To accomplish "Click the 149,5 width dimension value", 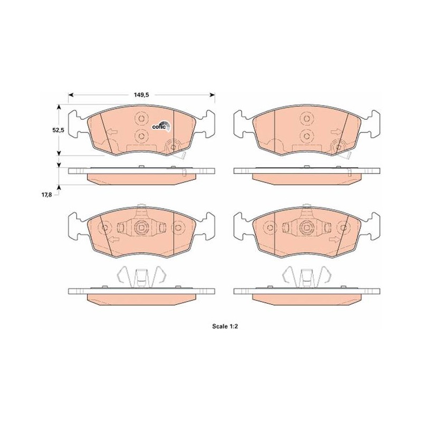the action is (x=141, y=95).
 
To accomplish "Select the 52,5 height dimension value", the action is (x=58, y=130).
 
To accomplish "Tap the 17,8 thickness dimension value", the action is (x=46, y=195).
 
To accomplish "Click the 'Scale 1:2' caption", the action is (x=225, y=327).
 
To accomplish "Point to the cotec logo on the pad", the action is (x=161, y=126).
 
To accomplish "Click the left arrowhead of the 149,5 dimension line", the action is (x=71, y=95).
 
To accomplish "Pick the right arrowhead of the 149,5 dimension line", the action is (x=213, y=95).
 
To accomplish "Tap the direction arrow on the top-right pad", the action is (x=336, y=132).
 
